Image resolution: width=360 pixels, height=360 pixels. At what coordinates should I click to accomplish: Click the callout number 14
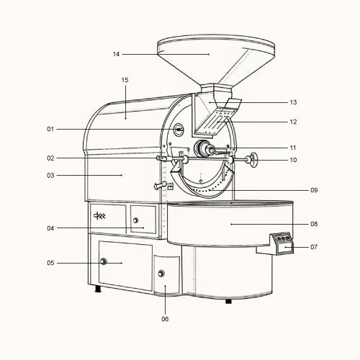point(116,54)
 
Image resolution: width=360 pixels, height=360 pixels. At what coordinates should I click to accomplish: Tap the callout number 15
point(125,80)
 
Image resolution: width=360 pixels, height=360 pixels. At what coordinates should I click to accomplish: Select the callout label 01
point(50,129)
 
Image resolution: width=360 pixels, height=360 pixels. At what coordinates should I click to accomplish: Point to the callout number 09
point(314,190)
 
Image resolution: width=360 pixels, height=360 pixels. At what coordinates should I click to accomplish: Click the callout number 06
point(165,319)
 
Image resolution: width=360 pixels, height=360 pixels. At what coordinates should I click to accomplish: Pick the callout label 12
point(293,122)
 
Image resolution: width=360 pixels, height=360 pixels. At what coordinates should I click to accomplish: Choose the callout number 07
point(314,247)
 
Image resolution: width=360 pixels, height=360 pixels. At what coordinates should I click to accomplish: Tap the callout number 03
point(50,176)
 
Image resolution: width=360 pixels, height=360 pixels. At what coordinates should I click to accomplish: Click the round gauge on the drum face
point(179,130)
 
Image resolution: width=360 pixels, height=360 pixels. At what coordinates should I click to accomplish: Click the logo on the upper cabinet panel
point(99,215)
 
